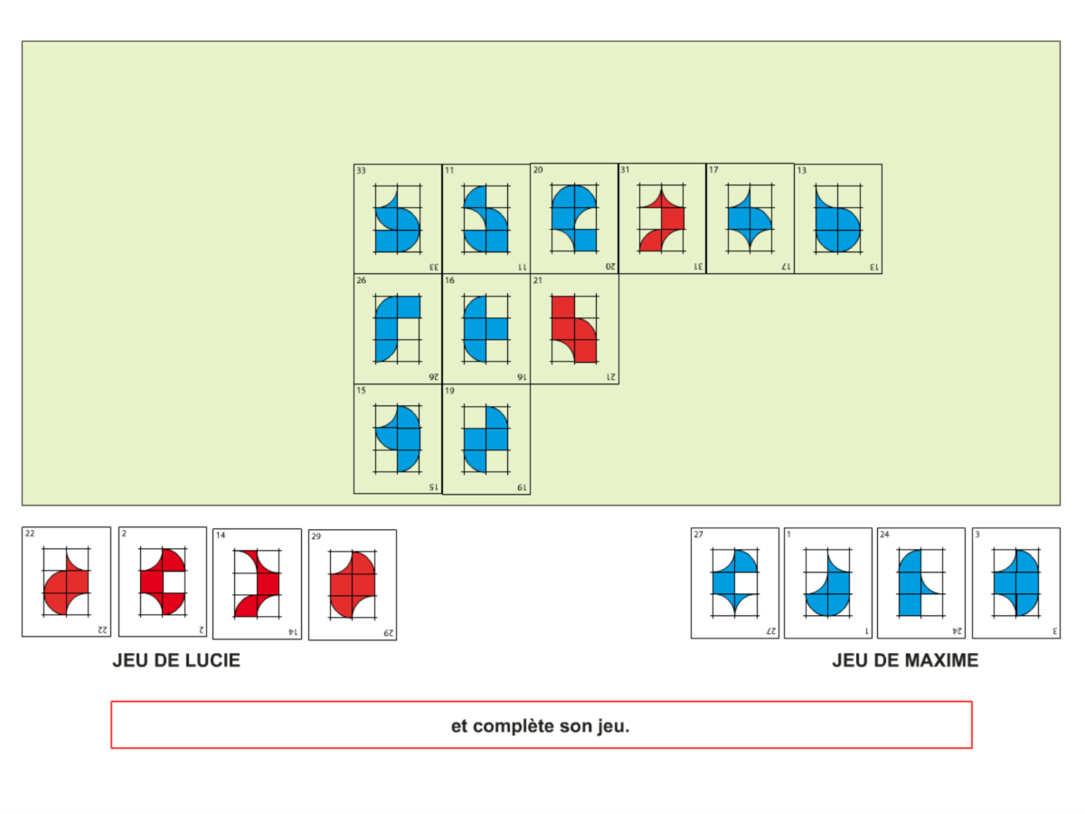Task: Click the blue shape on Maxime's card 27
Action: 735,583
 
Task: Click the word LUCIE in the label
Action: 214,661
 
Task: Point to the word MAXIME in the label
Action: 940,661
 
